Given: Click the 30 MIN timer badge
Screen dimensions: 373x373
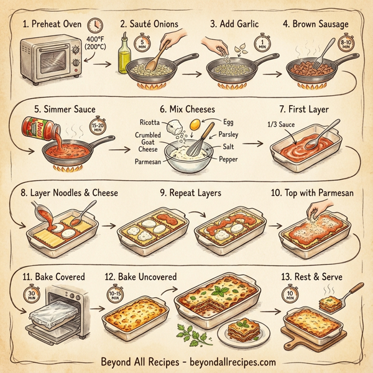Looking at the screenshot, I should pos(29,293).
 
